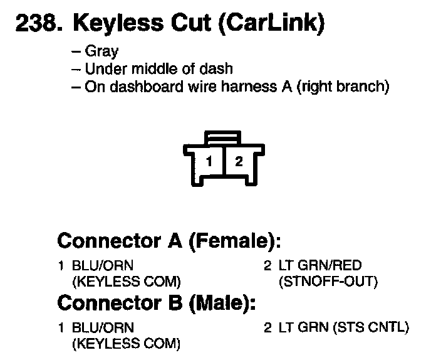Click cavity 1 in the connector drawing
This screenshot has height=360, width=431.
pos(209,161)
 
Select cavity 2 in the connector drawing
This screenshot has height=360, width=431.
pos(238,161)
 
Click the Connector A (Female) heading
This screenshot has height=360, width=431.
pos(168,241)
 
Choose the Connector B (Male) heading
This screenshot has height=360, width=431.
pos(157,303)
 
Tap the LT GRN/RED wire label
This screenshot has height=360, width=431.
pos(319,266)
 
